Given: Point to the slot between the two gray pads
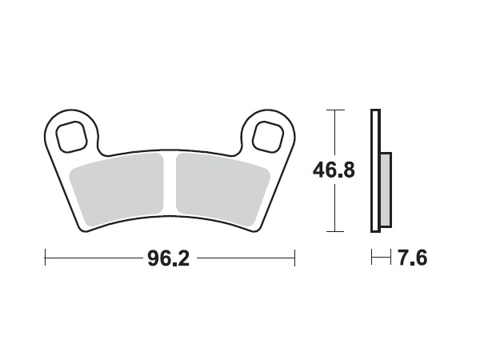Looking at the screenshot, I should pyautogui.click(x=169, y=190).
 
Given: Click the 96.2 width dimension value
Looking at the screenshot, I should pyautogui.click(x=169, y=258).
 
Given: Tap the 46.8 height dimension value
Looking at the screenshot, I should pyautogui.click(x=334, y=170).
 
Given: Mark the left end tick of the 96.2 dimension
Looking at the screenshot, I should pyautogui.click(x=46, y=258).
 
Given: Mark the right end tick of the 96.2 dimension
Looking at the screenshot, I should pyautogui.click(x=295, y=258).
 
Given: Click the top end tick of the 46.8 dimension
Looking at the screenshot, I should pyautogui.click(x=334, y=109).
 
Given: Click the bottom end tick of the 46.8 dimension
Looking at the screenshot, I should pyautogui.click(x=334, y=232).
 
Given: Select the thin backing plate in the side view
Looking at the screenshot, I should pyautogui.click(x=374, y=170).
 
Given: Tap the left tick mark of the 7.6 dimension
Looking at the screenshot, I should pyautogui.click(x=372, y=258).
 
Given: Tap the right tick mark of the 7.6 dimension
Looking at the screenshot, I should pyautogui.click(x=390, y=258).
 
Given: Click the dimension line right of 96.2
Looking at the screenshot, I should pyautogui.click(x=244, y=258).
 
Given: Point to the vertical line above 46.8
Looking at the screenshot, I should pyautogui.click(x=334, y=132).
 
